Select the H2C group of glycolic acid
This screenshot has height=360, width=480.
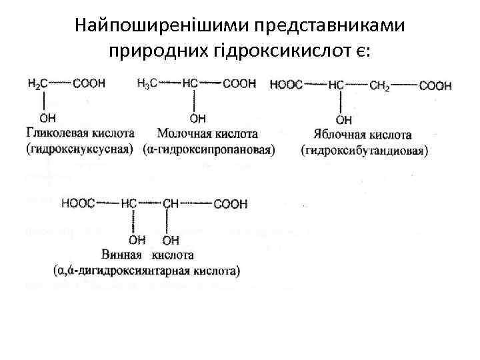click(37, 83)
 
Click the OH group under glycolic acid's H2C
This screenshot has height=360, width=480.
click(47, 118)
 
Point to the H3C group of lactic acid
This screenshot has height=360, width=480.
click(147, 83)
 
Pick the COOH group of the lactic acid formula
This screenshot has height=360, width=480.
click(239, 83)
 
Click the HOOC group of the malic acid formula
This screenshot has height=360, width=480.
click(286, 85)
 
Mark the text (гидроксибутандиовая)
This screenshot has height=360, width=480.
click(364, 151)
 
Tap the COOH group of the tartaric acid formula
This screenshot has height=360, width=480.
click(230, 204)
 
